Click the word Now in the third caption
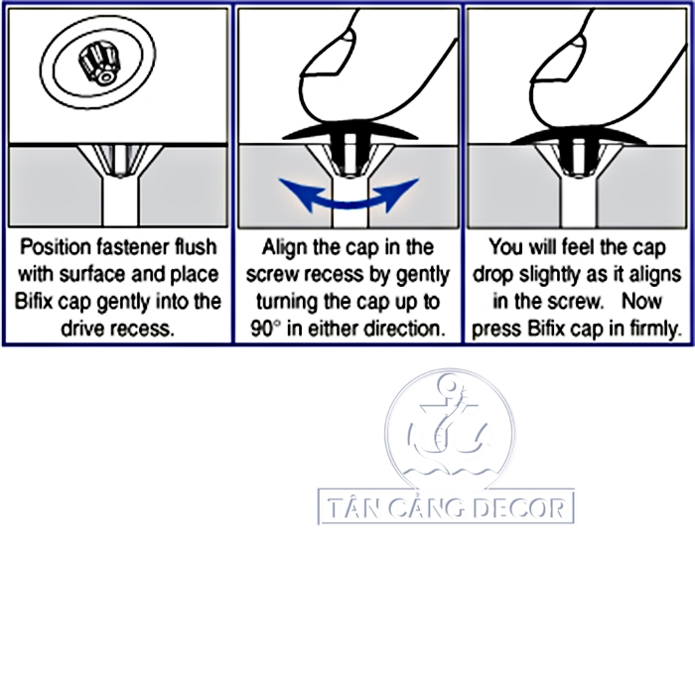tap(641, 302)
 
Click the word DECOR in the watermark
tap(519, 508)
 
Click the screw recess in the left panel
tap(120, 160)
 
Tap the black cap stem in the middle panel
tap(349, 151)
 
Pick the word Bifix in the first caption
tap(33, 302)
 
